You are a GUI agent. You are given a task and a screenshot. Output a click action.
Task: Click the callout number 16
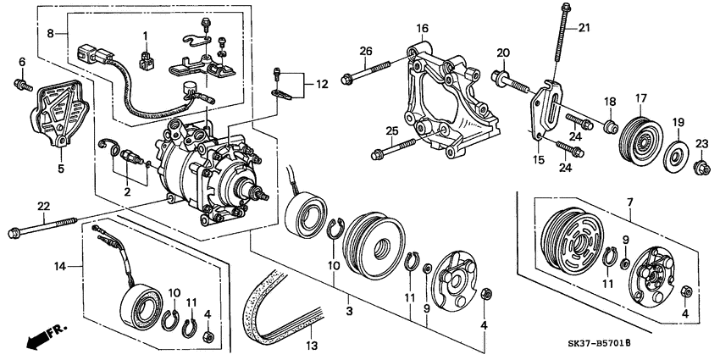[x=421, y=30]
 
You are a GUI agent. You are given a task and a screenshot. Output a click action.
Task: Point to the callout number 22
[x=42, y=207]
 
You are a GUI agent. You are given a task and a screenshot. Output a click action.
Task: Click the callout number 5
[x=61, y=168]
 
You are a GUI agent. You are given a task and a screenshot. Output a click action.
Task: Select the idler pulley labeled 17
[x=640, y=136]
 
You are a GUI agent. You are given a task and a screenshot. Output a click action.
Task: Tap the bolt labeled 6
[x=21, y=83]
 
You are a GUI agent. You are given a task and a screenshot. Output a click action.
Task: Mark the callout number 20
[x=502, y=53]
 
